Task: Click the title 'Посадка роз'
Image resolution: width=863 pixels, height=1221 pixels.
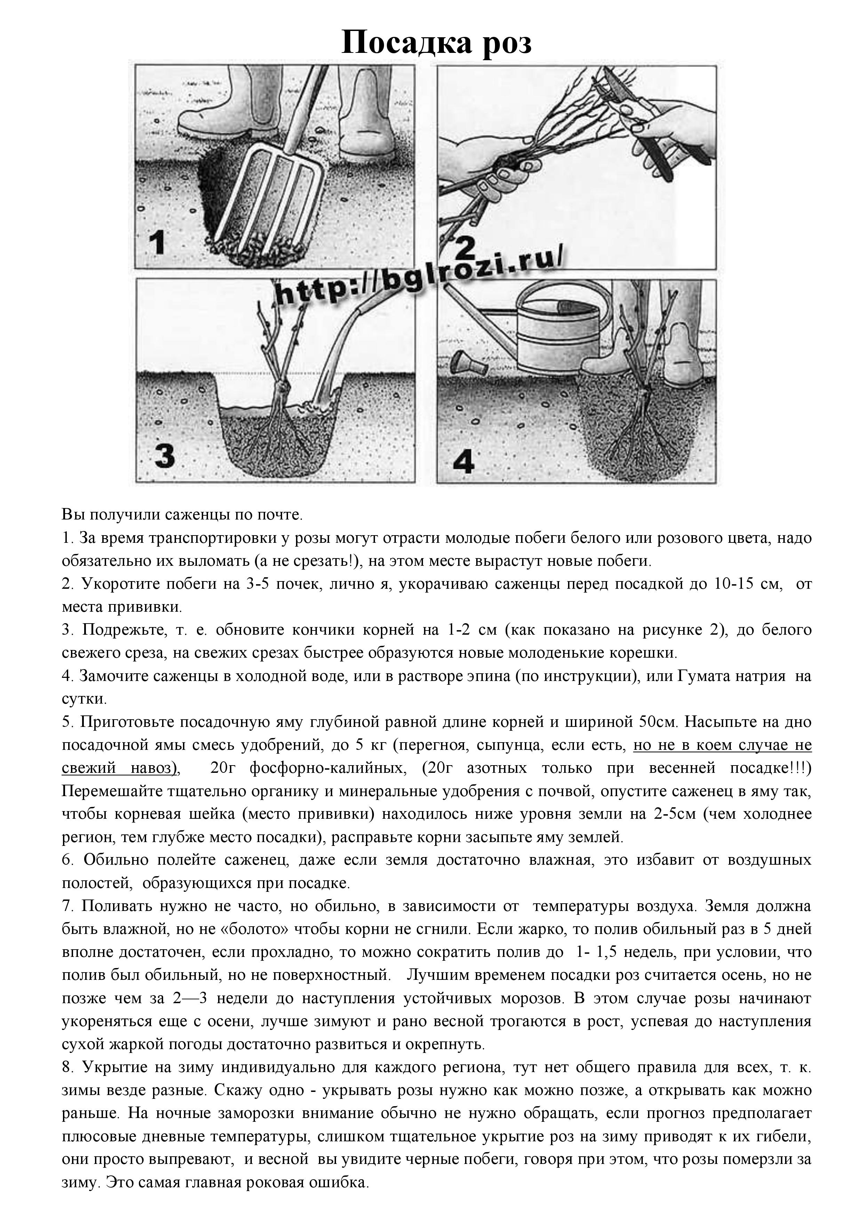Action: coord(436,42)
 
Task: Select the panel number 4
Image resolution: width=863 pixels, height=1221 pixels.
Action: coord(463,461)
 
